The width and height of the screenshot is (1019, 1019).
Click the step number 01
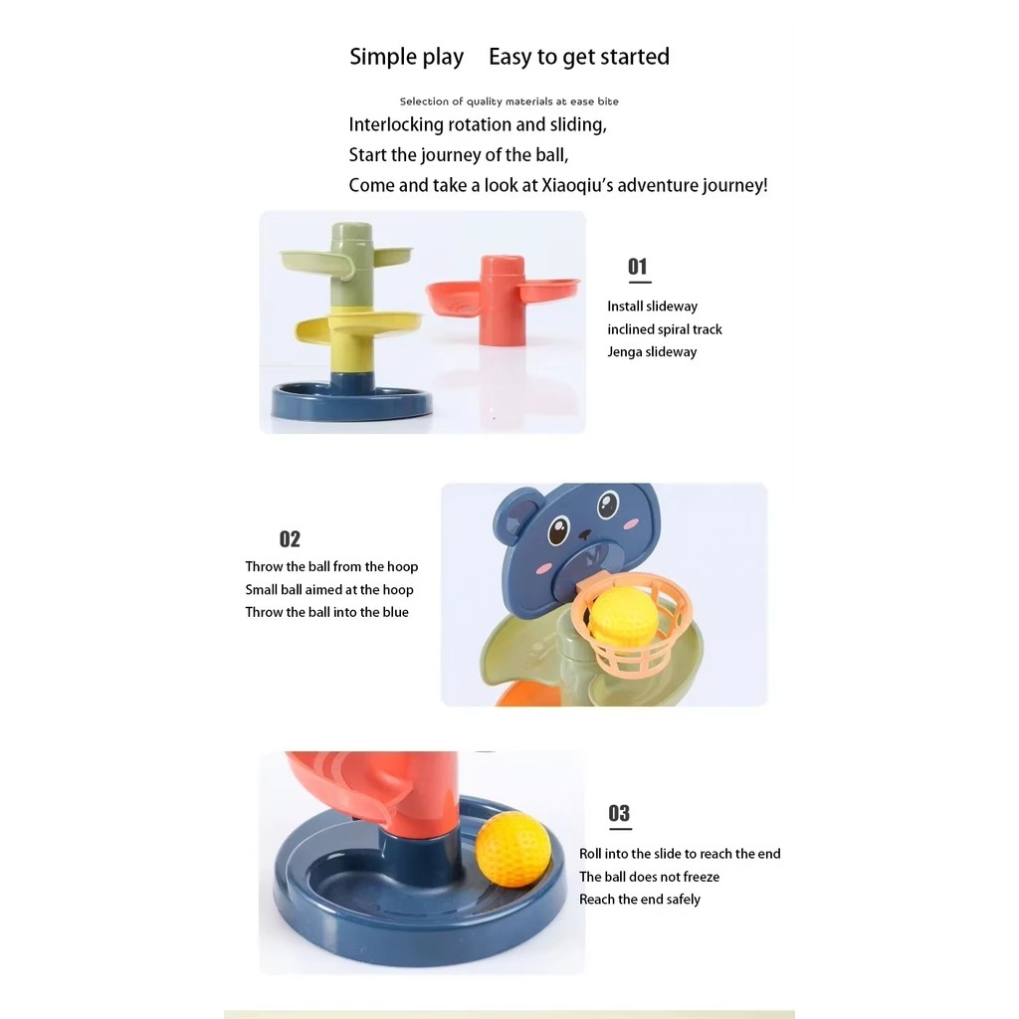click(638, 267)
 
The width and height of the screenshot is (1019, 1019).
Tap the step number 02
click(290, 538)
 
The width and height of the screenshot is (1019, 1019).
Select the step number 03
click(619, 813)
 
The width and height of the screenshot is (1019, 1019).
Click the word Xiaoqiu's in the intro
click(577, 185)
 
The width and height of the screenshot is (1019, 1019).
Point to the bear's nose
click(585, 534)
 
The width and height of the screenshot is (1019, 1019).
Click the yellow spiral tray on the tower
click(357, 326)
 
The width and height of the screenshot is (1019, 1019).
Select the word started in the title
click(634, 57)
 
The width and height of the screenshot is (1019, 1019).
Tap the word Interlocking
click(396, 124)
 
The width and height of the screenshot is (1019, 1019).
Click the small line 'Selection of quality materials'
click(509, 102)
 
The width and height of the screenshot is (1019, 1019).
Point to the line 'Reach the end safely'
click(640, 900)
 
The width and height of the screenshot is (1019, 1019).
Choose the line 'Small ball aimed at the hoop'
click(329, 589)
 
